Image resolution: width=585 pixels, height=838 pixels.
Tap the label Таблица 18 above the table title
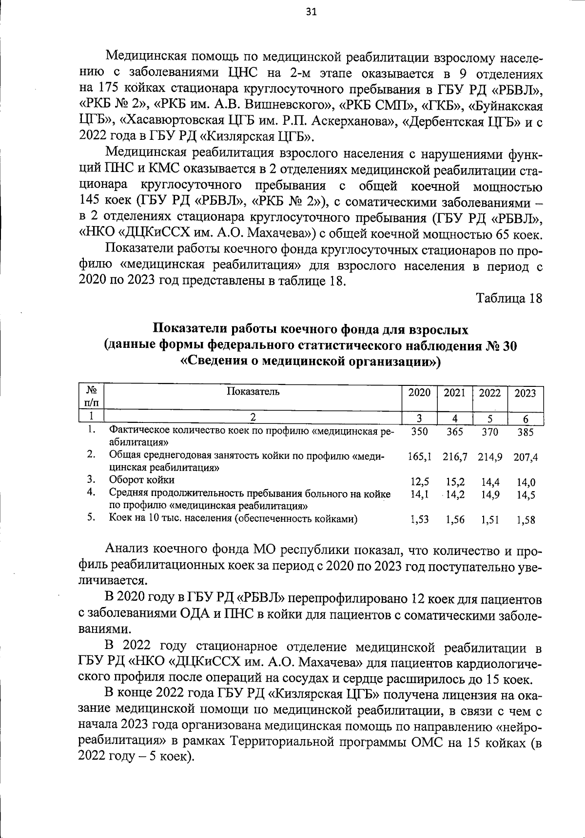tap(509, 298)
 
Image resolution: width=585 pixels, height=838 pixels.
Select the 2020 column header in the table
tap(419, 393)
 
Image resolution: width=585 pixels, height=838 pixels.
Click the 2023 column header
tap(526, 393)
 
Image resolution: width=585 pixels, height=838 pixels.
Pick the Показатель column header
tap(253, 391)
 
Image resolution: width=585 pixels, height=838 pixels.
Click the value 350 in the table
tap(419, 431)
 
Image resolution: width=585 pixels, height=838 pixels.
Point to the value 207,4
tap(526, 457)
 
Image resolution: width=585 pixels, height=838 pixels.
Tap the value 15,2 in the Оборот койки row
tap(455, 482)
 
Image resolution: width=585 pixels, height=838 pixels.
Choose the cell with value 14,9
tap(490, 495)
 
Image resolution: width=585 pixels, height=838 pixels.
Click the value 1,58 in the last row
tap(526, 520)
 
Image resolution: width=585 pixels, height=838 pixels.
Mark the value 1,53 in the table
tap(419, 520)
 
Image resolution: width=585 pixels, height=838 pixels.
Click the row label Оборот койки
tap(141, 480)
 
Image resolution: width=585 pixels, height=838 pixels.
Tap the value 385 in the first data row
tap(526, 432)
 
